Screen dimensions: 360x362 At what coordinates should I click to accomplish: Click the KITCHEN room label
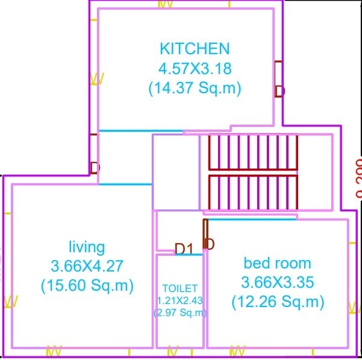pyautogui.click(x=195, y=48)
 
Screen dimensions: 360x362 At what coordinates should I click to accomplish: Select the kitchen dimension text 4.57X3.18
pyautogui.click(x=195, y=68)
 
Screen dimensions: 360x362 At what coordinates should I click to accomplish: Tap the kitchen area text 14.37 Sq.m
pyautogui.click(x=195, y=88)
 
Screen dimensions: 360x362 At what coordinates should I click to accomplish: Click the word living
pyautogui.click(x=87, y=246)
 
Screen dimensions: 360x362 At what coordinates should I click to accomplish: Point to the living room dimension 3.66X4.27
pyautogui.click(x=87, y=265)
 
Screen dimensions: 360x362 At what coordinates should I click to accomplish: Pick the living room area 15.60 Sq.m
pyautogui.click(x=87, y=285)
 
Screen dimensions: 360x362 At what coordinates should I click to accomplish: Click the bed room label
pyautogui.click(x=277, y=263)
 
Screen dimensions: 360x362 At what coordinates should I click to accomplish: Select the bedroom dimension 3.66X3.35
pyautogui.click(x=278, y=282)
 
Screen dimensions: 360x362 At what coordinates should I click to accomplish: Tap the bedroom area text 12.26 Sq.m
pyautogui.click(x=278, y=302)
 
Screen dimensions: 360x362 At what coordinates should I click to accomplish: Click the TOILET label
pyautogui.click(x=179, y=289)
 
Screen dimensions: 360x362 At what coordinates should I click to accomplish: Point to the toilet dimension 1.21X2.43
pyautogui.click(x=180, y=300)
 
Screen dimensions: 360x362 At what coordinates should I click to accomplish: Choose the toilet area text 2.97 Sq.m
pyautogui.click(x=180, y=312)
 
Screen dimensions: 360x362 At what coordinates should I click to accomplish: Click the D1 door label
pyautogui.click(x=183, y=248)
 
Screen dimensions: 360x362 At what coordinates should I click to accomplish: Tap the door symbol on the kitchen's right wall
pyautogui.click(x=278, y=78)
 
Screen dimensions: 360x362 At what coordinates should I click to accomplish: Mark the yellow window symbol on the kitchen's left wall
pyautogui.click(x=96, y=79)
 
